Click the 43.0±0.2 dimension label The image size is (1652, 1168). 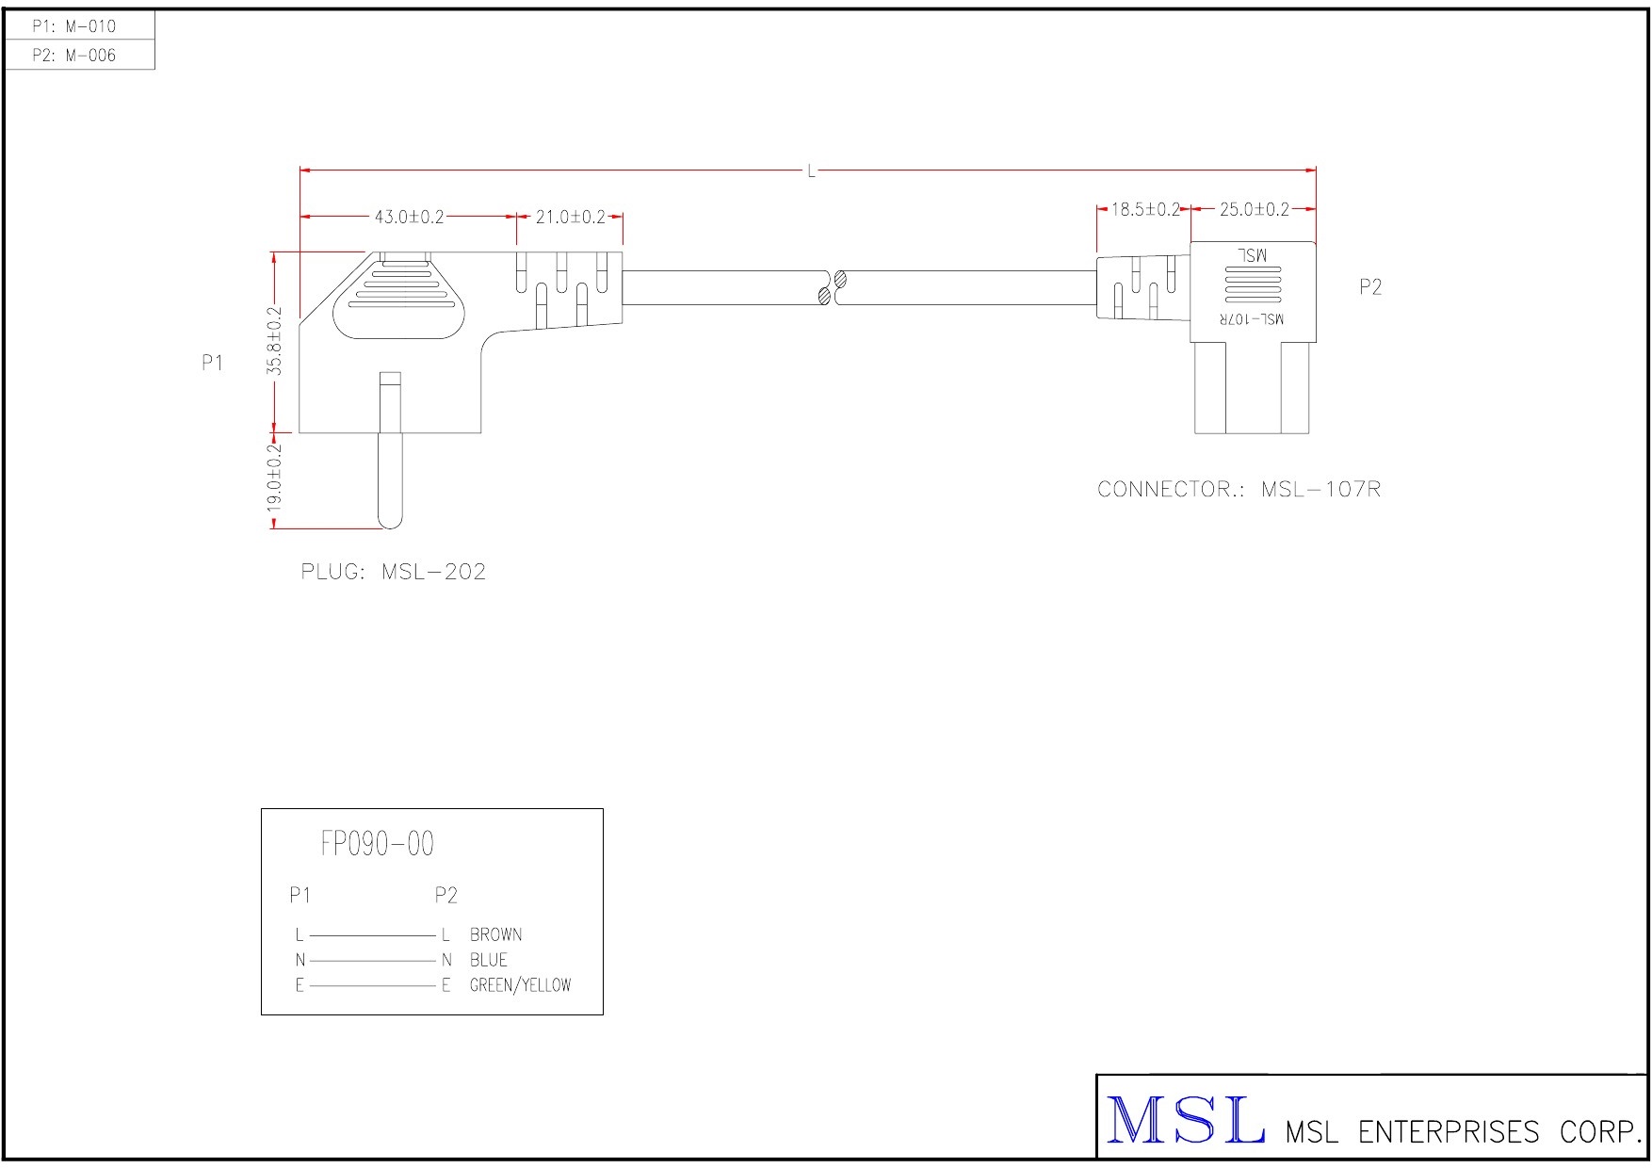pos(409,218)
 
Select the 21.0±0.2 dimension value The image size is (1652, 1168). pos(570,218)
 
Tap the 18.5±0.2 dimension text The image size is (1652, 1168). pos(1145,209)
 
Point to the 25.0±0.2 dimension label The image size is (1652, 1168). pos(1254,209)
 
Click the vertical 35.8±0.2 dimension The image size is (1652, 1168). pos(274,341)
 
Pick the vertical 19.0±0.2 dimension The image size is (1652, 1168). pos(274,478)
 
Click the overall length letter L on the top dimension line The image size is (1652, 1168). pos(811,171)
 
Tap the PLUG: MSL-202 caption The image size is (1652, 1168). pos(393,572)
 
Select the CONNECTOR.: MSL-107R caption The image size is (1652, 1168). pos(1239,490)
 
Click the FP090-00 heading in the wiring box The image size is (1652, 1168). pos(377,844)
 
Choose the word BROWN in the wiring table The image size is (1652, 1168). pos(495,935)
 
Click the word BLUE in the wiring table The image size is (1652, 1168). pos(488,961)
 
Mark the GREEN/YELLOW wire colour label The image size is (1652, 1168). pos(520,986)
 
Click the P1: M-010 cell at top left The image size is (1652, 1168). pos(74,26)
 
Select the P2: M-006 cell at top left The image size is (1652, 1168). pos(74,56)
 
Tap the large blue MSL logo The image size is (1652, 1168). pos(1185,1121)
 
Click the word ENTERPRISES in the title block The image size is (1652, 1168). pos(1448,1131)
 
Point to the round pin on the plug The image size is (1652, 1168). pos(389,476)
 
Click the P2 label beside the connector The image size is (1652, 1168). pos(1370,287)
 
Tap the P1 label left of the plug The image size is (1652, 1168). pos(213,363)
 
